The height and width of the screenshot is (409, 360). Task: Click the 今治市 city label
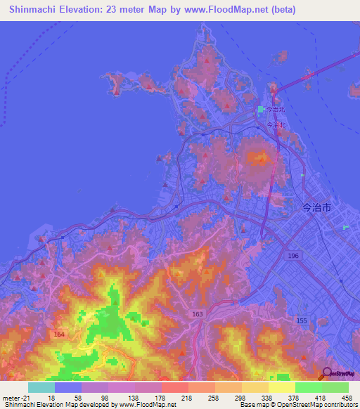(x=315, y=208)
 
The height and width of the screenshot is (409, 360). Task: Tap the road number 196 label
(x=292, y=257)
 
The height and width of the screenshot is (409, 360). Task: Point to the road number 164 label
(x=59, y=335)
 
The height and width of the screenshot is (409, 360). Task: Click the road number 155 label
(x=302, y=320)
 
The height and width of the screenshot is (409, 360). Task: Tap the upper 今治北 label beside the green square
(x=275, y=110)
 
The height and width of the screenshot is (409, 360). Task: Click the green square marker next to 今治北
(x=260, y=110)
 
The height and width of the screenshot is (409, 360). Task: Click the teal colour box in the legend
(x=41, y=387)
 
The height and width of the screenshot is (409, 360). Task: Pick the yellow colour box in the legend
(x=281, y=387)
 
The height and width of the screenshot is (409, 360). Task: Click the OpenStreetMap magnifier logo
(x=326, y=374)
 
